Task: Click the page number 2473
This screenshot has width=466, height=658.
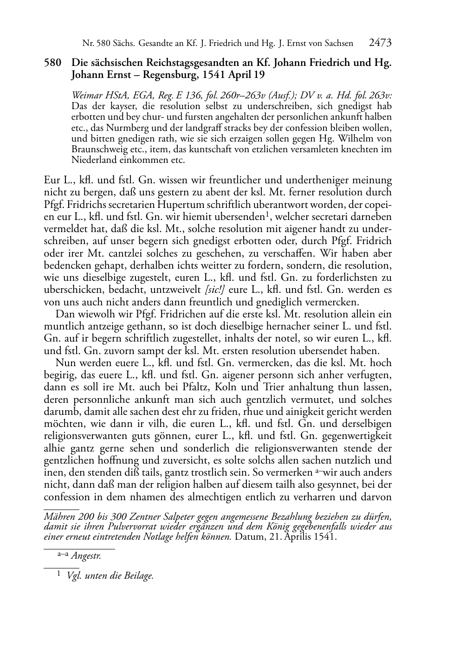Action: [380, 43]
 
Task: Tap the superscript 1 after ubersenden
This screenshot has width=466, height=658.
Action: [267, 214]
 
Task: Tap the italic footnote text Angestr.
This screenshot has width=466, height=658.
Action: [86, 556]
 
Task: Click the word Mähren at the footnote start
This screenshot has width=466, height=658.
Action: [59, 517]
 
